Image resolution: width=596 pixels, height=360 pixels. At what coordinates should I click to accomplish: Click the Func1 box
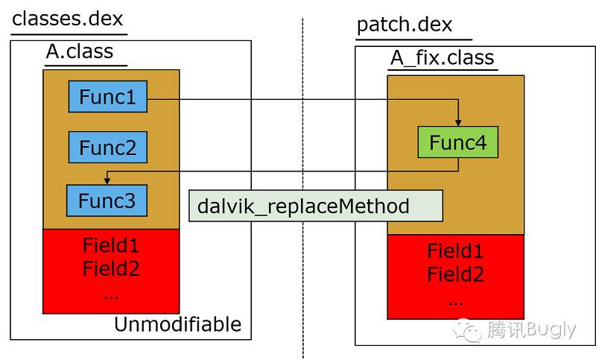(107, 96)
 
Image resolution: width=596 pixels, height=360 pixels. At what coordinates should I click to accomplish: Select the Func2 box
(107, 148)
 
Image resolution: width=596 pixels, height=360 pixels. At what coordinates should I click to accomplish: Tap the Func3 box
(107, 200)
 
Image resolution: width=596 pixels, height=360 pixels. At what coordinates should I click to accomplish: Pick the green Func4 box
(457, 142)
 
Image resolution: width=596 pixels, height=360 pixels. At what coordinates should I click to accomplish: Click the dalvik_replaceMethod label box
(316, 205)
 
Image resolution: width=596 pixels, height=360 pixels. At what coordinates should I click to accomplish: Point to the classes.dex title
(69, 18)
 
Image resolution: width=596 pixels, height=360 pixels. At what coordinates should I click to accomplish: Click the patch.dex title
(405, 25)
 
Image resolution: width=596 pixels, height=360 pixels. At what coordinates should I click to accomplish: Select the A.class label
(80, 51)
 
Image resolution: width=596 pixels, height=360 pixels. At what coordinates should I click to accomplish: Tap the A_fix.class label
(443, 57)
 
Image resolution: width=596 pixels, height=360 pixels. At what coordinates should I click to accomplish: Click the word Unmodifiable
(177, 325)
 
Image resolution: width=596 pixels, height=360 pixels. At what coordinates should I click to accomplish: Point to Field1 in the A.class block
(111, 244)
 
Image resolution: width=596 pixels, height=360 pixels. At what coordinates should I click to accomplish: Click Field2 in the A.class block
(111, 268)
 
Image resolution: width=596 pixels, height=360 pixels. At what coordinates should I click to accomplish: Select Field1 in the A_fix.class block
(455, 251)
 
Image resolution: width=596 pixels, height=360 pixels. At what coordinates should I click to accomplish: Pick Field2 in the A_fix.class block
(455, 275)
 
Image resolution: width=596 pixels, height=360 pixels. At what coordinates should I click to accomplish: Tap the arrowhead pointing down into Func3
(107, 182)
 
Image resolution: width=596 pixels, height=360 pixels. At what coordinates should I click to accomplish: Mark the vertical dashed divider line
(303, 186)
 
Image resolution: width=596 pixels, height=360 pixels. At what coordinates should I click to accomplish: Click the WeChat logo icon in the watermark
(469, 329)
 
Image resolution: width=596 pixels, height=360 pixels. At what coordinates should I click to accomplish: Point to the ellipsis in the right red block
(455, 301)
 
